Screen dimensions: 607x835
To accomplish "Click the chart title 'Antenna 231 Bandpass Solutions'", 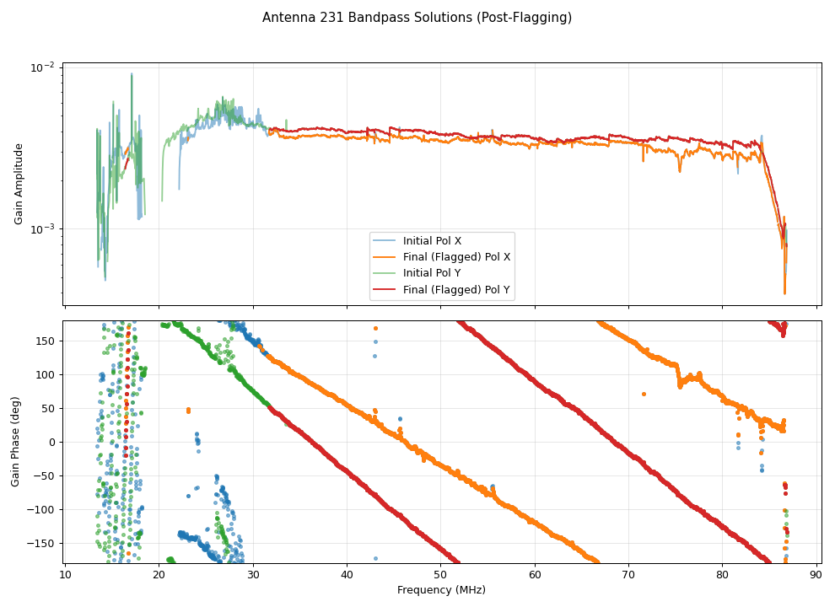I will coord(417,18).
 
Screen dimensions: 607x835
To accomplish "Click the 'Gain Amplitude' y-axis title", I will coord(19,183).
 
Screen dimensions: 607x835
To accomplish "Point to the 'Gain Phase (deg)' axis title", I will coord(15,441).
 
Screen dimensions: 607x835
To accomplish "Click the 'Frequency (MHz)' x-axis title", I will coord(441,590).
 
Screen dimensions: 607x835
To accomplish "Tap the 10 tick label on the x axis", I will coord(65,576).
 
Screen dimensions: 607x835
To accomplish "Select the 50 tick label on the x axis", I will coord(441,576).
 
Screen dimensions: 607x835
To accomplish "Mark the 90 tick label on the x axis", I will coord(816,576).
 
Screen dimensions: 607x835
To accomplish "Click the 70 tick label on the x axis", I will coord(628,576).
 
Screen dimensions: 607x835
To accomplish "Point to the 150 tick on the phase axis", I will coord(46,341).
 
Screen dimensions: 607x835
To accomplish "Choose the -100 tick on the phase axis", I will coord(43,509).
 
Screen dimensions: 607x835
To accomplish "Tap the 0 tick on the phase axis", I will coord(52,442).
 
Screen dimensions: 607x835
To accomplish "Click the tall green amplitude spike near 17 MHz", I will coord(132,76).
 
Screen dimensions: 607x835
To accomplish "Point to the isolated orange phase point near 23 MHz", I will coord(188,411).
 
